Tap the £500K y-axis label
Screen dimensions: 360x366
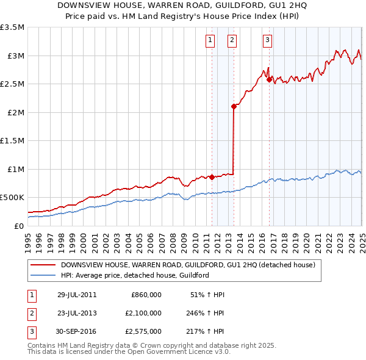pyautogui.click(x=12, y=198)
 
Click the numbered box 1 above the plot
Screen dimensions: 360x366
pyautogui.click(x=210, y=41)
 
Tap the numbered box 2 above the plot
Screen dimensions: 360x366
pyautogui.click(x=232, y=41)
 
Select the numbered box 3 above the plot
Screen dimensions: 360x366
pyautogui.click(x=268, y=41)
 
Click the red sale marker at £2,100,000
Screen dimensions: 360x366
pyautogui.click(x=234, y=107)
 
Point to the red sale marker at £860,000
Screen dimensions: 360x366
pyautogui.click(x=212, y=177)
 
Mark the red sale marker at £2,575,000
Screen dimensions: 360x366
pyautogui.click(x=269, y=80)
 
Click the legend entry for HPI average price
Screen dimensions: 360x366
pyautogui.click(x=135, y=275)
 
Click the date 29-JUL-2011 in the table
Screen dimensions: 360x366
pyautogui.click(x=77, y=295)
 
